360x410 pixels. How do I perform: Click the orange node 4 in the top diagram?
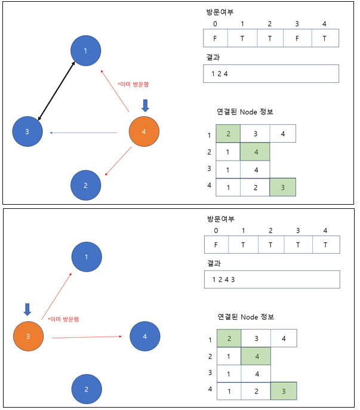(x=144, y=132)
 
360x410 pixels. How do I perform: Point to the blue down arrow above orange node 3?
(x=27, y=309)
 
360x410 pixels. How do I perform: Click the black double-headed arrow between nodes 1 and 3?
(x=56, y=91)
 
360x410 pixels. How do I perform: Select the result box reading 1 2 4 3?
(x=272, y=279)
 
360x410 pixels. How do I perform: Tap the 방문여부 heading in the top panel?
(x=218, y=11)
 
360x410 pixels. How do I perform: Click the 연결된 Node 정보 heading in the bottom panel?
(x=245, y=316)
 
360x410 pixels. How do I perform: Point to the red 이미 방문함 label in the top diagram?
(x=133, y=84)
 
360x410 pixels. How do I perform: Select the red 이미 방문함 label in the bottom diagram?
(x=63, y=319)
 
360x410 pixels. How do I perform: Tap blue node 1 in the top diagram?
(x=86, y=51)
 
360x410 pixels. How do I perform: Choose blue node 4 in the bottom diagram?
(x=144, y=336)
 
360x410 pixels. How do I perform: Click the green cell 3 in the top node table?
(x=283, y=187)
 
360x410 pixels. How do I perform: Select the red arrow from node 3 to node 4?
(x=90, y=338)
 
